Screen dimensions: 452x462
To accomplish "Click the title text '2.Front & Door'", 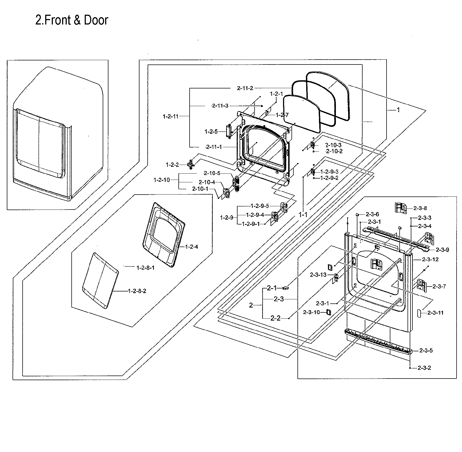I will [72, 20].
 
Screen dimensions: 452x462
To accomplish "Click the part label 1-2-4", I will [192, 247].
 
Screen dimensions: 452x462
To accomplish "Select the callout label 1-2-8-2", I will [137, 291].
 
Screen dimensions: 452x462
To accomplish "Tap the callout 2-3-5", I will [426, 350].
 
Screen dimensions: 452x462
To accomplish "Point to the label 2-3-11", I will [435, 313].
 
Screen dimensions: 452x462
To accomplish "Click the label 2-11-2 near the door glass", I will [245, 88].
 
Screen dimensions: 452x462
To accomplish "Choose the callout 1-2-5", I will [211, 132].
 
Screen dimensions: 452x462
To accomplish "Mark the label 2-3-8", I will [420, 208].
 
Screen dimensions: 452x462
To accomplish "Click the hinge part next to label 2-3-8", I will [401, 208].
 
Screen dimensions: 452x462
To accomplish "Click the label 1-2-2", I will [172, 165].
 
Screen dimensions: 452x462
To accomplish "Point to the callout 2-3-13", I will [318, 275].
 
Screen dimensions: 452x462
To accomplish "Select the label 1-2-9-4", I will [255, 215].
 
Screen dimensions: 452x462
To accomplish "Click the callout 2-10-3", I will [333, 145].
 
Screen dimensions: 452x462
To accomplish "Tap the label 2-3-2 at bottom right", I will [424, 368].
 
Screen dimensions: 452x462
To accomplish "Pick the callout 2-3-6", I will [372, 214].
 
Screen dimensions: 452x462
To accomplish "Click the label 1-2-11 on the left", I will [171, 116].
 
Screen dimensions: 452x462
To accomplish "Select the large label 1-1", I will [303, 215].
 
